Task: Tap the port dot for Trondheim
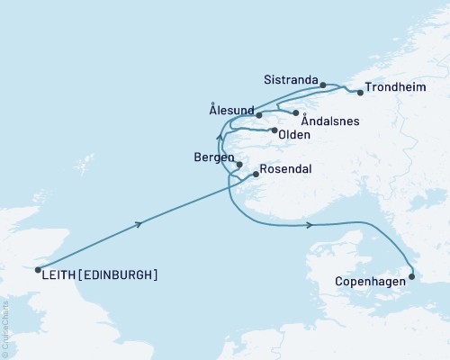coord(361,92)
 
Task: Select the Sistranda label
coord(291,80)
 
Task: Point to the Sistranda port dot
coord(324,85)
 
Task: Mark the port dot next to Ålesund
coord(258,115)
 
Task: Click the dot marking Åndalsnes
coord(295,112)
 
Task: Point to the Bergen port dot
coord(239,164)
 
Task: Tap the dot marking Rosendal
coord(256,175)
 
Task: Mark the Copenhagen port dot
coord(412,277)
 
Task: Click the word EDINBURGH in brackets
coord(118,274)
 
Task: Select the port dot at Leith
coord(37,268)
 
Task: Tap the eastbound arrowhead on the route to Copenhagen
coord(310,225)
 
